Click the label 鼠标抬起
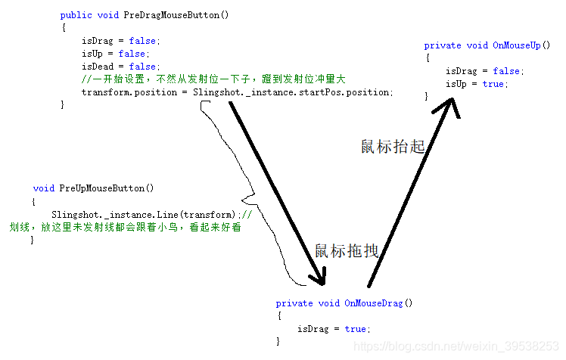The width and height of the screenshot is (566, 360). click(x=393, y=147)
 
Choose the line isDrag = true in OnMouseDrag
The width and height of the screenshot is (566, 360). click(x=333, y=329)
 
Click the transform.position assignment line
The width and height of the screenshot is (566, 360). click(x=237, y=92)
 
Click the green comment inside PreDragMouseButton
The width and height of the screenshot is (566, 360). click(x=213, y=79)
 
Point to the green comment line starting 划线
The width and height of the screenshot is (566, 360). click(x=125, y=226)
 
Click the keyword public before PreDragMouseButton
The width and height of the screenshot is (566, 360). click(x=76, y=15)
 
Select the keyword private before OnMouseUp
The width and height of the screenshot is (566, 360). click(x=442, y=45)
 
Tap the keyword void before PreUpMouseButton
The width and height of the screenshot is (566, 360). click(x=44, y=188)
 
